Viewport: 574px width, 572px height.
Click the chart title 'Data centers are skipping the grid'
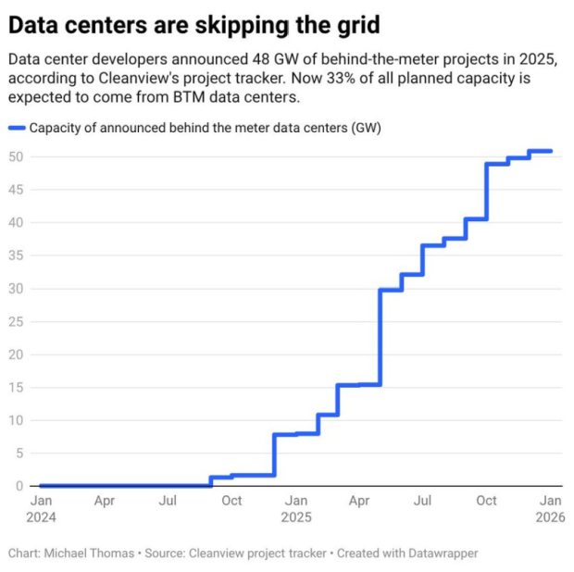[x=193, y=21]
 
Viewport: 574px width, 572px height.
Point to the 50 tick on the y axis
[x=15, y=156]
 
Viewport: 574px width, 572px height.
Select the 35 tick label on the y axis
[x=15, y=255]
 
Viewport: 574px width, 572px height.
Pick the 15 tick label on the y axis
[x=15, y=387]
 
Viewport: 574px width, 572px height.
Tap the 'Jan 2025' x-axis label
[x=295, y=508]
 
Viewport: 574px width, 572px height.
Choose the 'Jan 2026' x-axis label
[x=550, y=508]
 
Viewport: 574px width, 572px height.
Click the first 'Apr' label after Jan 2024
[x=105, y=501]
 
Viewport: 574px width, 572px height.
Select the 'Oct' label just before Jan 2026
[x=486, y=501]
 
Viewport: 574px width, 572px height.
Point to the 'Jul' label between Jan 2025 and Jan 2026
[x=423, y=501]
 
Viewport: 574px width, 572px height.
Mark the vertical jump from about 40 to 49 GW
[x=487, y=192]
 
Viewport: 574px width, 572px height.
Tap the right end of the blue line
[x=551, y=151]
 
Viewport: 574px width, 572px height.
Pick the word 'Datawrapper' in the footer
[x=439, y=553]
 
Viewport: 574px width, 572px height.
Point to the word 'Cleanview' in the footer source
[x=217, y=553]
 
